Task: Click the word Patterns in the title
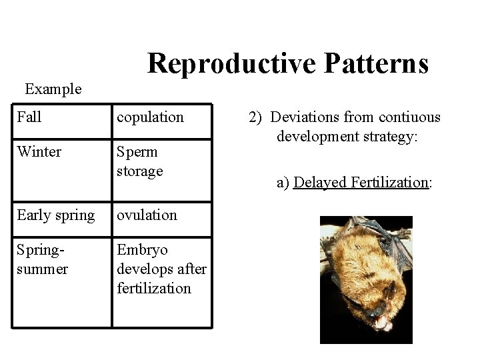point(376,63)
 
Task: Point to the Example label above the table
point(53,89)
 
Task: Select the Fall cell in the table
point(29,117)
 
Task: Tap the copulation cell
point(150,117)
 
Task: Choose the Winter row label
point(39,152)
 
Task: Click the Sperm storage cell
point(140,161)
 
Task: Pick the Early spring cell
point(56,215)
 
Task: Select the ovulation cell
point(147,215)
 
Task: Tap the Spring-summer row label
point(43,259)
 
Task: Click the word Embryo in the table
point(143,250)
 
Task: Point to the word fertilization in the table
point(153,289)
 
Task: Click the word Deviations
point(305,117)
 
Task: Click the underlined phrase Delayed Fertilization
point(360,182)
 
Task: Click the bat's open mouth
point(383,324)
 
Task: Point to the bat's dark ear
point(391,291)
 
